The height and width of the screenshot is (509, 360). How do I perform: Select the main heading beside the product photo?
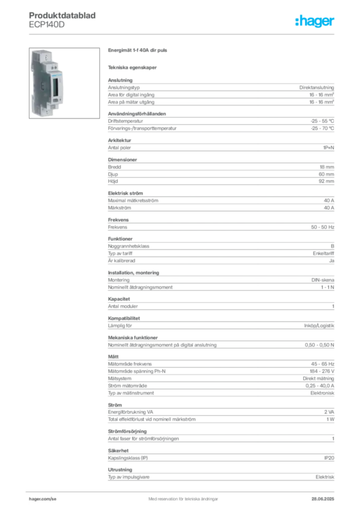coord(139,51)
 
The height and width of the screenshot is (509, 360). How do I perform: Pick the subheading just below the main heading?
coord(133,67)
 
